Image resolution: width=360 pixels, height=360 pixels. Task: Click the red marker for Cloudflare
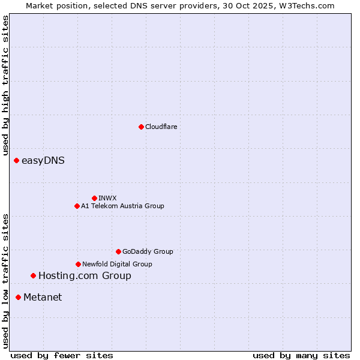[141, 127]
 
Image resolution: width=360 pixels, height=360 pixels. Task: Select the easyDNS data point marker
[17, 161]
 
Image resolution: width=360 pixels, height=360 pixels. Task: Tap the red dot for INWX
[94, 198]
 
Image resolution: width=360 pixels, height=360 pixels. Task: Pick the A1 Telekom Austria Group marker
[77, 206]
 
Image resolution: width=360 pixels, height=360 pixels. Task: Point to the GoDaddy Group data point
[118, 251]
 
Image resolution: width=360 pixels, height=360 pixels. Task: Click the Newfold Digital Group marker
[78, 264]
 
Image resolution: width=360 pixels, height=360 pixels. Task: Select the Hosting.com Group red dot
[33, 276]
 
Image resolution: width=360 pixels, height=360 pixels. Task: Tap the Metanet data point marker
[19, 297]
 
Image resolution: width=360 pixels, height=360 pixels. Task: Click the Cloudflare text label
[161, 127]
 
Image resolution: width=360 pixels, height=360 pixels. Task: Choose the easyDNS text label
[43, 161]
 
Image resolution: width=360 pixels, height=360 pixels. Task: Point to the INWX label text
[107, 198]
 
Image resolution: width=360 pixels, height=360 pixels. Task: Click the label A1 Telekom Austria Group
[122, 206]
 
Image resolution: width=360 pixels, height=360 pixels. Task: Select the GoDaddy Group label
[148, 251]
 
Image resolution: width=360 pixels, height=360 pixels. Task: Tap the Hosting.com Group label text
[85, 276]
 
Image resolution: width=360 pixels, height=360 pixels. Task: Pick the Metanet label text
[43, 297]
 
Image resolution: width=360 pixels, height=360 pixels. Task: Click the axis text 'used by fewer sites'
[62, 355]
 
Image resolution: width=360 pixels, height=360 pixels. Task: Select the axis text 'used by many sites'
[301, 355]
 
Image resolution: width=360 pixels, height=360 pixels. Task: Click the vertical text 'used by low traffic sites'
[5, 281]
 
